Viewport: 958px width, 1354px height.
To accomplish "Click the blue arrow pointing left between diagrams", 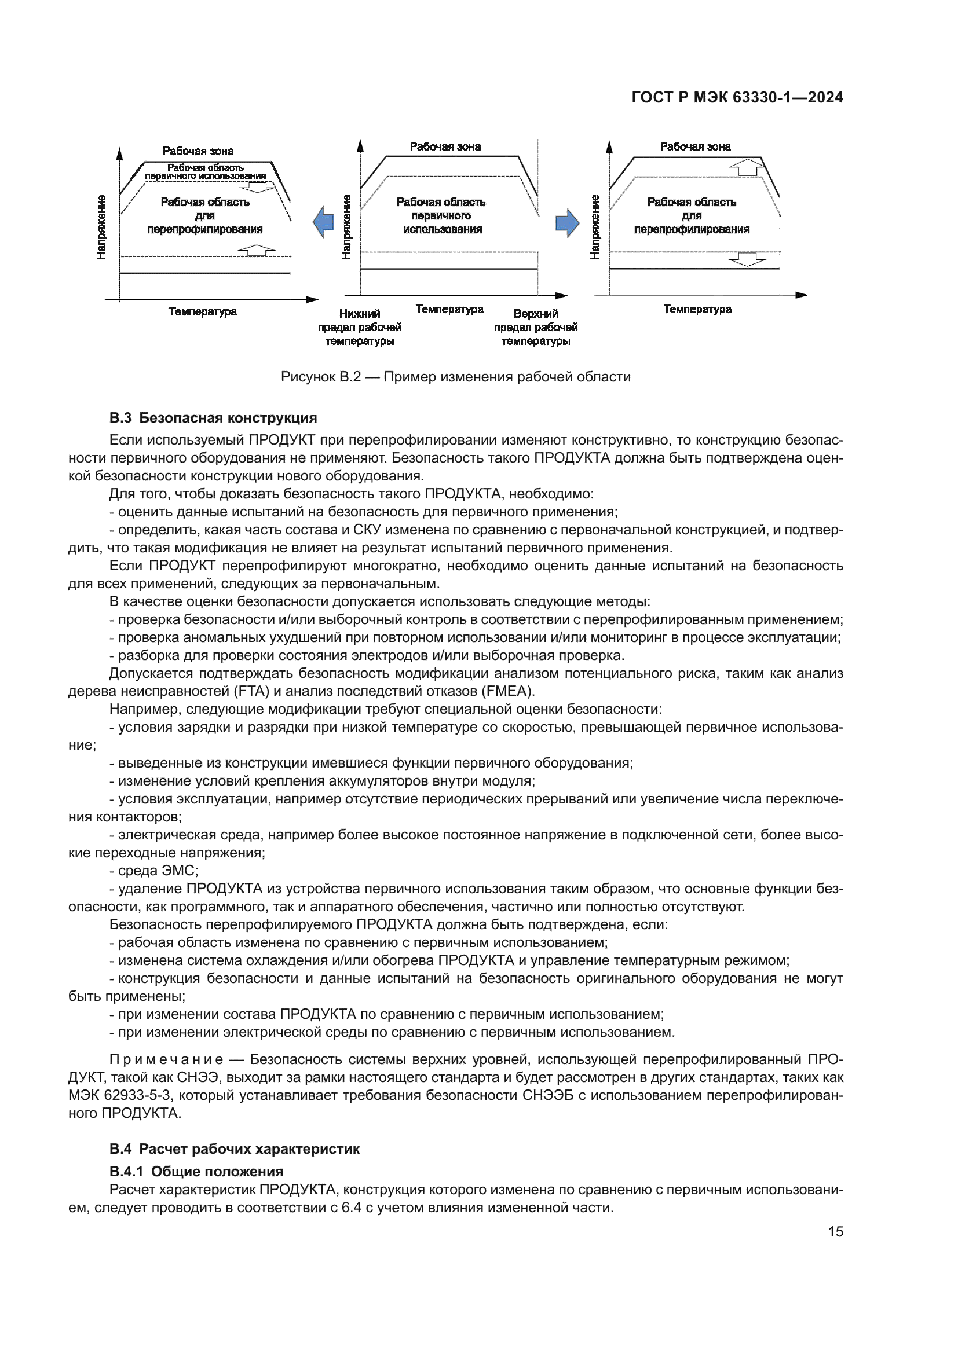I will point(323,222).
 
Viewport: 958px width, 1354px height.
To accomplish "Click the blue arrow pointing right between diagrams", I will point(568,223).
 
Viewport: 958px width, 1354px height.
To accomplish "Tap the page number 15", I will point(835,1231).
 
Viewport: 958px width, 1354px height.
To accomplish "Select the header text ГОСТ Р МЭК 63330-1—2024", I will point(737,98).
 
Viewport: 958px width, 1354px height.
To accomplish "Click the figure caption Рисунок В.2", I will point(455,377).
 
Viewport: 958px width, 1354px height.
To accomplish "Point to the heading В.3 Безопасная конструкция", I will point(213,418).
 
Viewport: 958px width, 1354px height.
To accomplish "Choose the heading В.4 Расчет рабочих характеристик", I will point(234,1148).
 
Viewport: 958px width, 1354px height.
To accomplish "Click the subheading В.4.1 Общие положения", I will point(196,1171).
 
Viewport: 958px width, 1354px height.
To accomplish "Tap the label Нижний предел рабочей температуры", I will point(359,327).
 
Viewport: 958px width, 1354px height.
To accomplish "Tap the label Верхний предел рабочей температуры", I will point(536,327).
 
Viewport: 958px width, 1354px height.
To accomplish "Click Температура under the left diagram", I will point(202,311).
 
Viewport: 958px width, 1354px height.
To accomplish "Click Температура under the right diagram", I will point(697,309).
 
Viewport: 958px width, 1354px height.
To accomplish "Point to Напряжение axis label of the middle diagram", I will point(346,226).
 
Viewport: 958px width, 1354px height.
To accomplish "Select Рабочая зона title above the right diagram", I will point(695,146).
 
